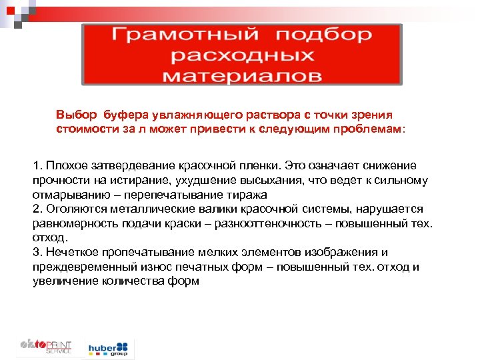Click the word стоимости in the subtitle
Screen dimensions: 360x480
coord(83,128)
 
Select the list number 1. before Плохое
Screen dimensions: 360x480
coord(37,165)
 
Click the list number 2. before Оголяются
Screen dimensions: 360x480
coord(37,209)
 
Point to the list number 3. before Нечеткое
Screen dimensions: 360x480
coord(37,252)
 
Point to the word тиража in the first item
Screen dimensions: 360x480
coord(247,194)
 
